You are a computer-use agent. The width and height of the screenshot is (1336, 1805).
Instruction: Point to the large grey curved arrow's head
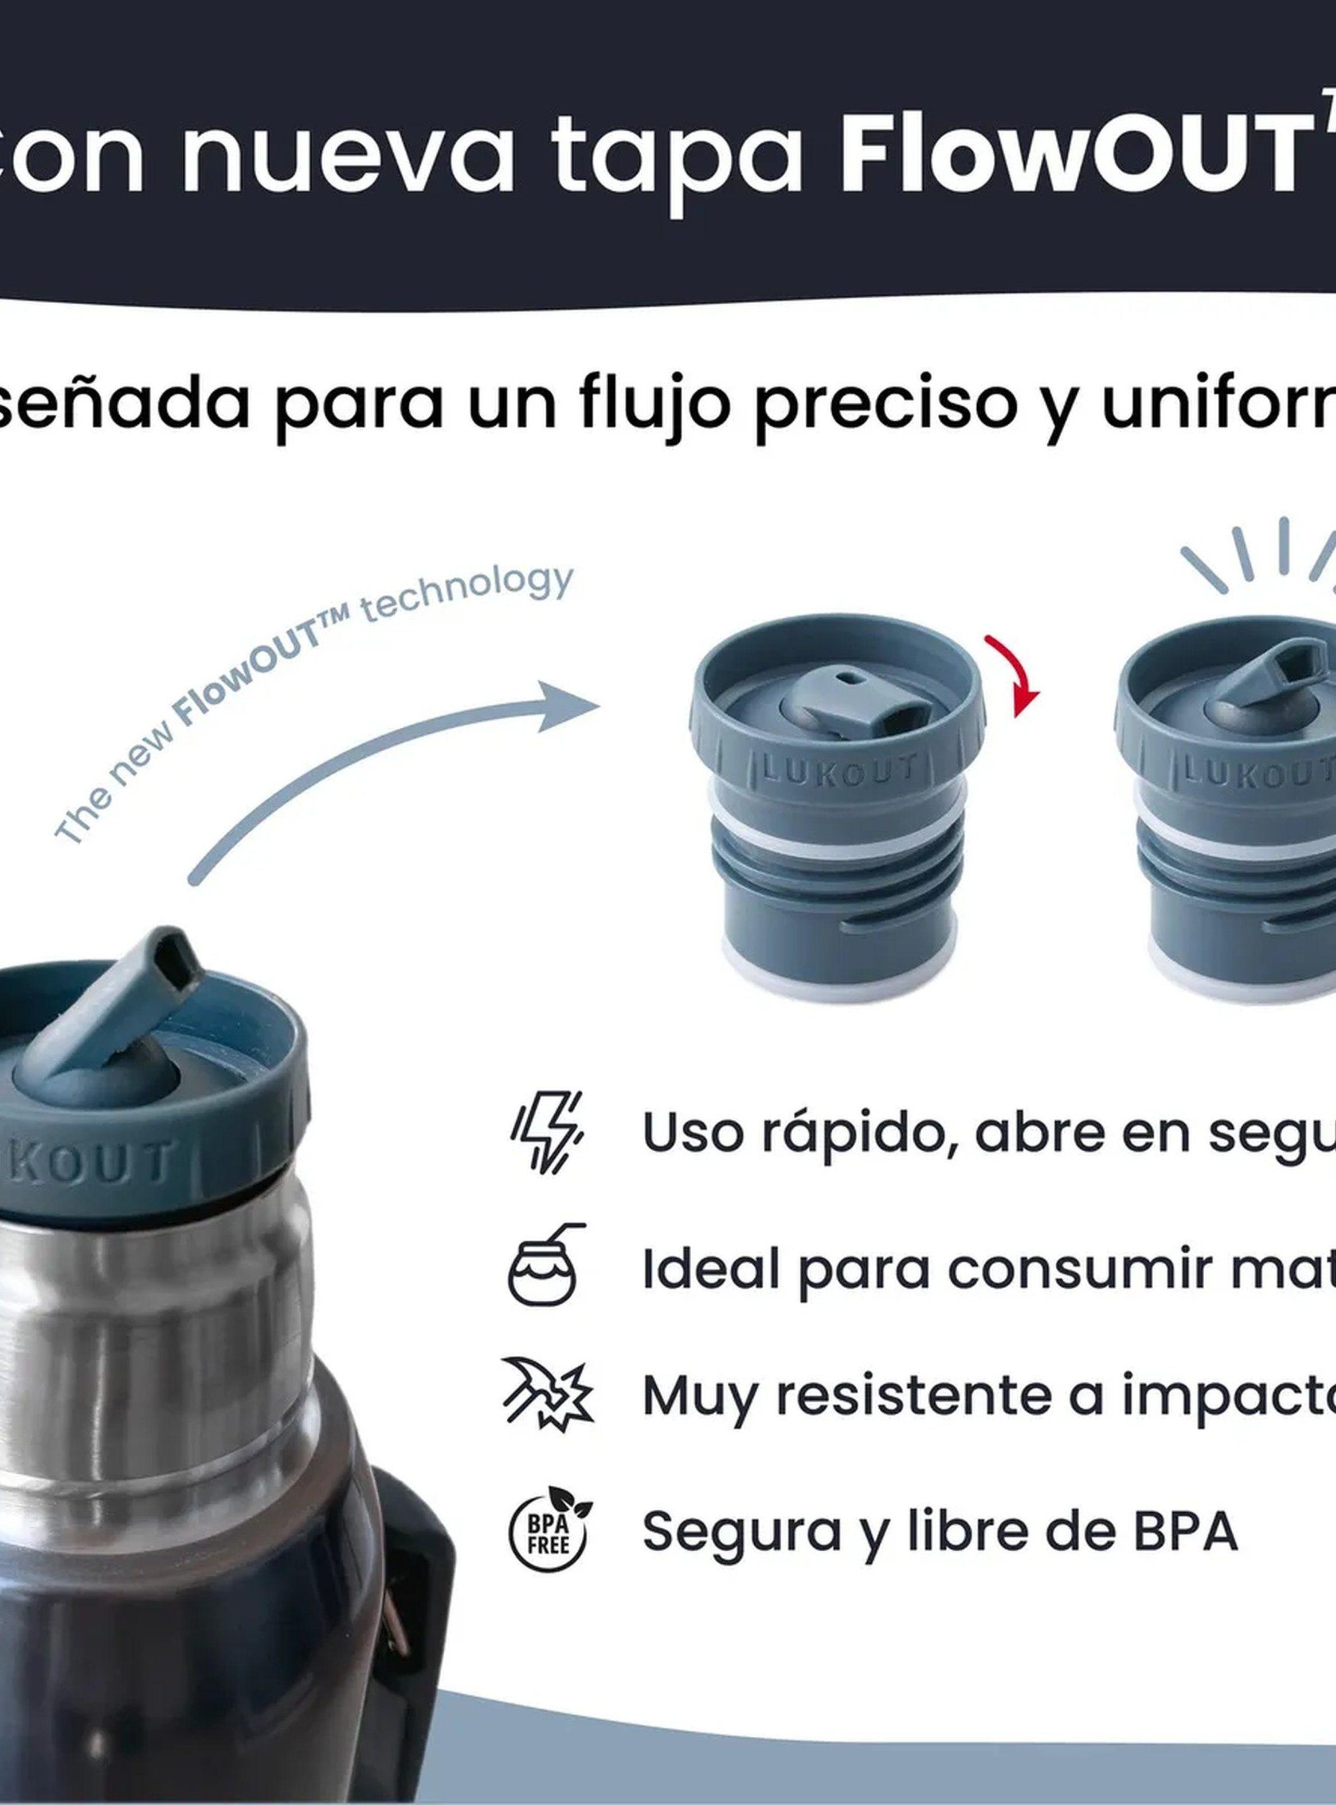566,705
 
